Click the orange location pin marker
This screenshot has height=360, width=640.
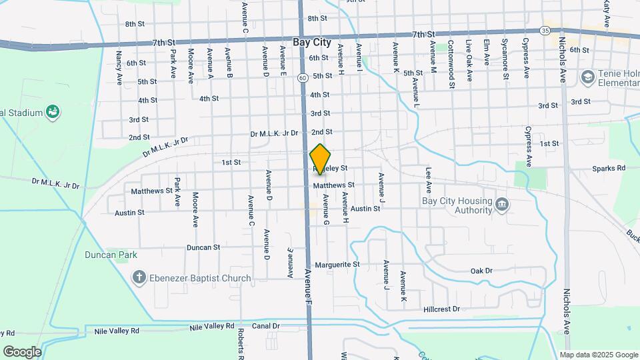click(x=321, y=159)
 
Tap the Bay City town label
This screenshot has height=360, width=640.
click(x=312, y=41)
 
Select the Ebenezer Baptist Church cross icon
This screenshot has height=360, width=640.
click(x=139, y=277)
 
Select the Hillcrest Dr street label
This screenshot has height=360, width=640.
click(x=441, y=309)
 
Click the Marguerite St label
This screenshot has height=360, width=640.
click(x=337, y=265)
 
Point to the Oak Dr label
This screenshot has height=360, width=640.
click(x=481, y=271)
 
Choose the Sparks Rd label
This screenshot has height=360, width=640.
click(x=609, y=169)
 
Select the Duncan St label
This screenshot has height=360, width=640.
click(x=203, y=247)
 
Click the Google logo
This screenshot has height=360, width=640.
click(x=21, y=351)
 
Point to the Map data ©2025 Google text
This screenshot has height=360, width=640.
click(x=599, y=355)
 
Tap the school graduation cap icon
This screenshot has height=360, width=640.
click(x=587, y=77)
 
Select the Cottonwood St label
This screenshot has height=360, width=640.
click(x=451, y=64)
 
